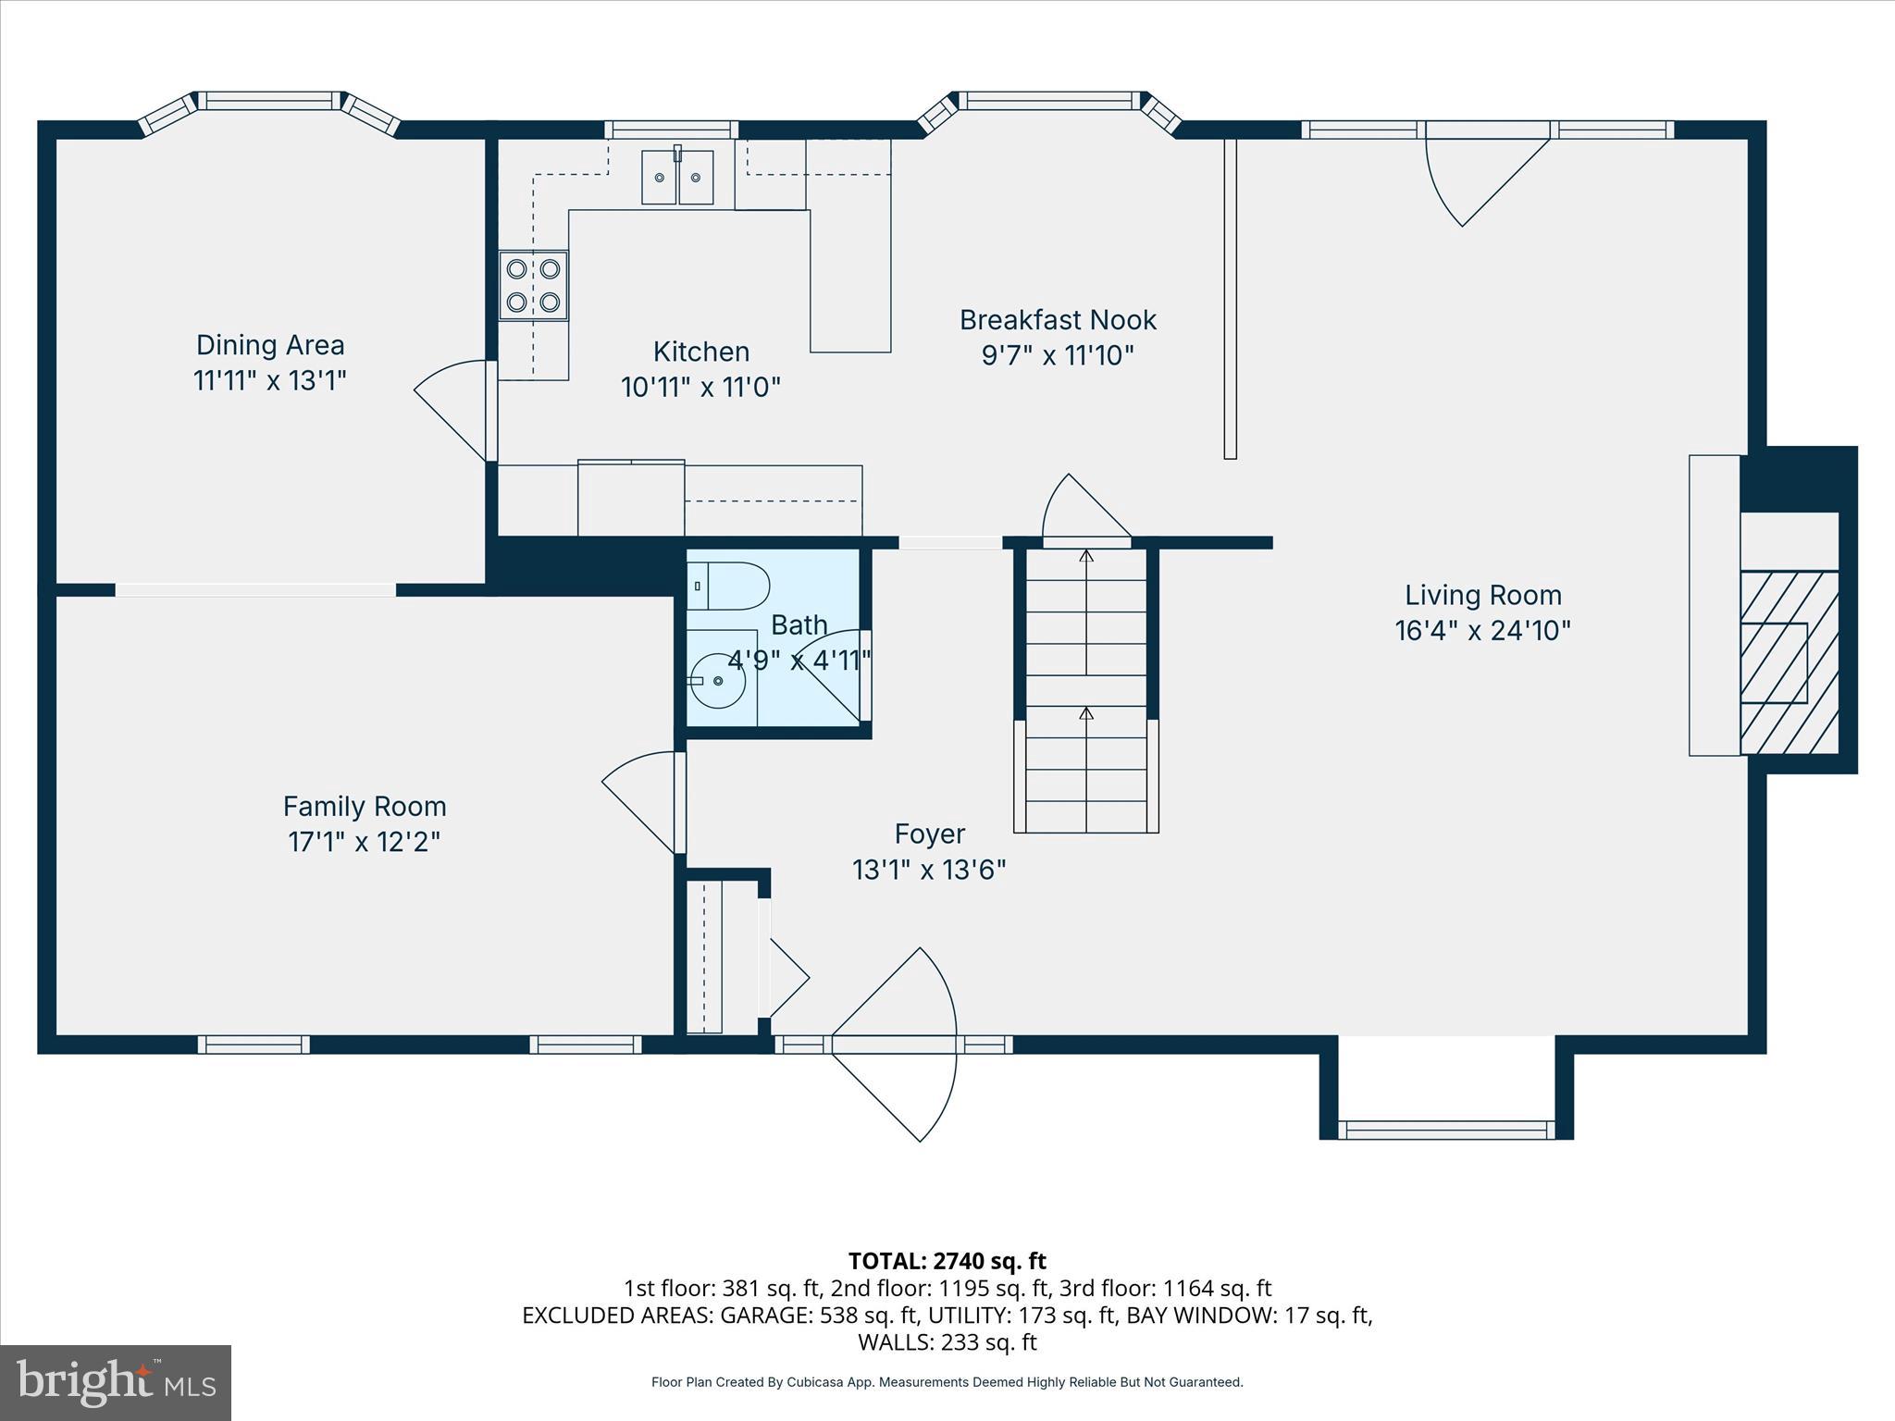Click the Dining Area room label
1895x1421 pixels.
click(270, 345)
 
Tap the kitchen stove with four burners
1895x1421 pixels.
click(533, 285)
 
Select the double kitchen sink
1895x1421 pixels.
click(677, 177)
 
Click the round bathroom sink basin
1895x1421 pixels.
click(718, 681)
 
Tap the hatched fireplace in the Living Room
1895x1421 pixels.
click(1788, 662)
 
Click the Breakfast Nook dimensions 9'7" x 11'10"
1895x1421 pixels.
click(1058, 355)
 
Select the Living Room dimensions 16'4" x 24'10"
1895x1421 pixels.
click(1482, 631)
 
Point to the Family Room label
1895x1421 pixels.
click(365, 807)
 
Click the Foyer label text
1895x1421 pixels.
click(929, 834)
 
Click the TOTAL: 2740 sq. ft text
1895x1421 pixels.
click(947, 1261)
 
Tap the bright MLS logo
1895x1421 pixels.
click(116, 1383)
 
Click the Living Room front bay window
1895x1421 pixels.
click(1446, 1129)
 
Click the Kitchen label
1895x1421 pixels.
click(700, 352)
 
